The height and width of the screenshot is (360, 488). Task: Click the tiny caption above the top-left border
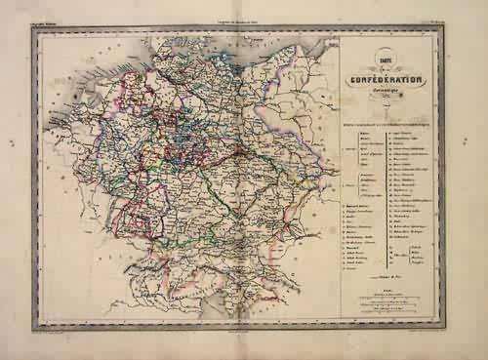[x=47, y=20]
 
